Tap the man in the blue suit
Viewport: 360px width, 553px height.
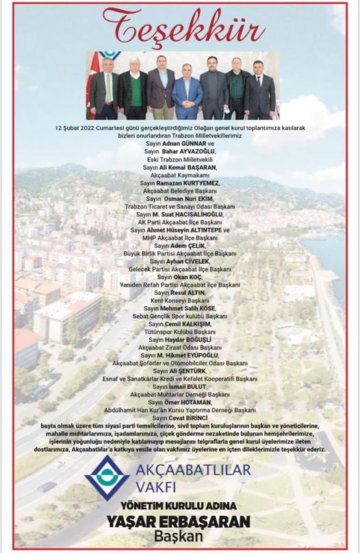(187, 92)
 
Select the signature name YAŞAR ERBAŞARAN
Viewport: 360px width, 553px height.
(178, 522)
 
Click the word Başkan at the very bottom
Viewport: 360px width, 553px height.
(179, 538)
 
